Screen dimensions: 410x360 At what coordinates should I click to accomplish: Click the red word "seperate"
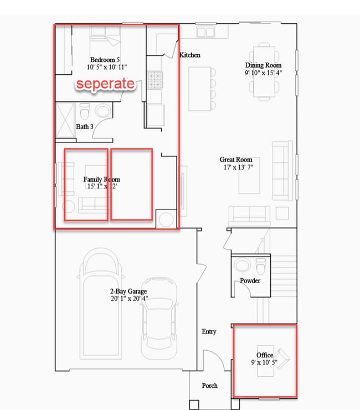tap(105, 84)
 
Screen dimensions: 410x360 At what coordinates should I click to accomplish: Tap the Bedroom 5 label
tap(105, 60)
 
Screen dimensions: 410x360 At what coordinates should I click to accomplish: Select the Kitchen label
tap(190, 55)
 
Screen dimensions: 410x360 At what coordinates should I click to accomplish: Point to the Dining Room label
tap(263, 65)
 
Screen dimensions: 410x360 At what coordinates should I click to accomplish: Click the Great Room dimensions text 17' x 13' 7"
tap(236, 167)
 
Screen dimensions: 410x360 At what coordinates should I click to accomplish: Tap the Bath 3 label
tap(85, 127)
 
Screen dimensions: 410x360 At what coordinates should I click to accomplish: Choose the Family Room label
tap(101, 180)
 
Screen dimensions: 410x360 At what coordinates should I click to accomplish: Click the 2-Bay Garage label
tap(129, 291)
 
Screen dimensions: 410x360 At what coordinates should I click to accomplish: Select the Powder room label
tap(250, 281)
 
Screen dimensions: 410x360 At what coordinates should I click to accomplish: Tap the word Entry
tap(209, 331)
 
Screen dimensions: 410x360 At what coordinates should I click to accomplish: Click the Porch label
tap(209, 386)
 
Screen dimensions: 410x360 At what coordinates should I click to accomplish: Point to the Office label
tap(264, 355)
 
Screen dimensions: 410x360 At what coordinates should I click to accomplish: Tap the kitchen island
tap(200, 89)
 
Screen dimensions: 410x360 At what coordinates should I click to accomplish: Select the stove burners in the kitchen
tap(153, 81)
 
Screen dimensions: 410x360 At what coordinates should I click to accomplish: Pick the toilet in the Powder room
tap(260, 266)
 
